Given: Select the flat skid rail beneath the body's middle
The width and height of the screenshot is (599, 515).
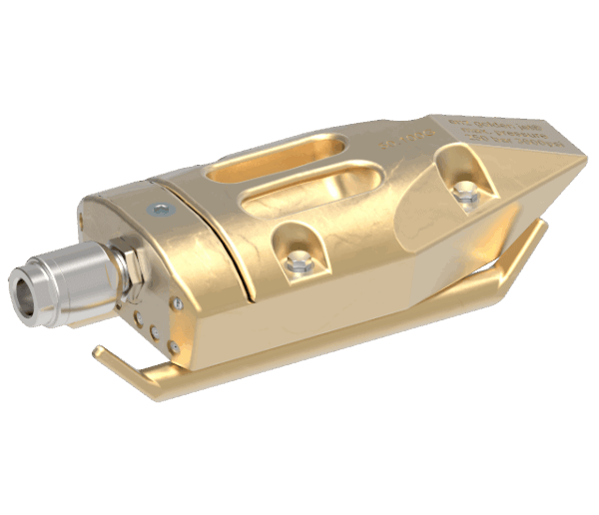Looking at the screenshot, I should point(329,349).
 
